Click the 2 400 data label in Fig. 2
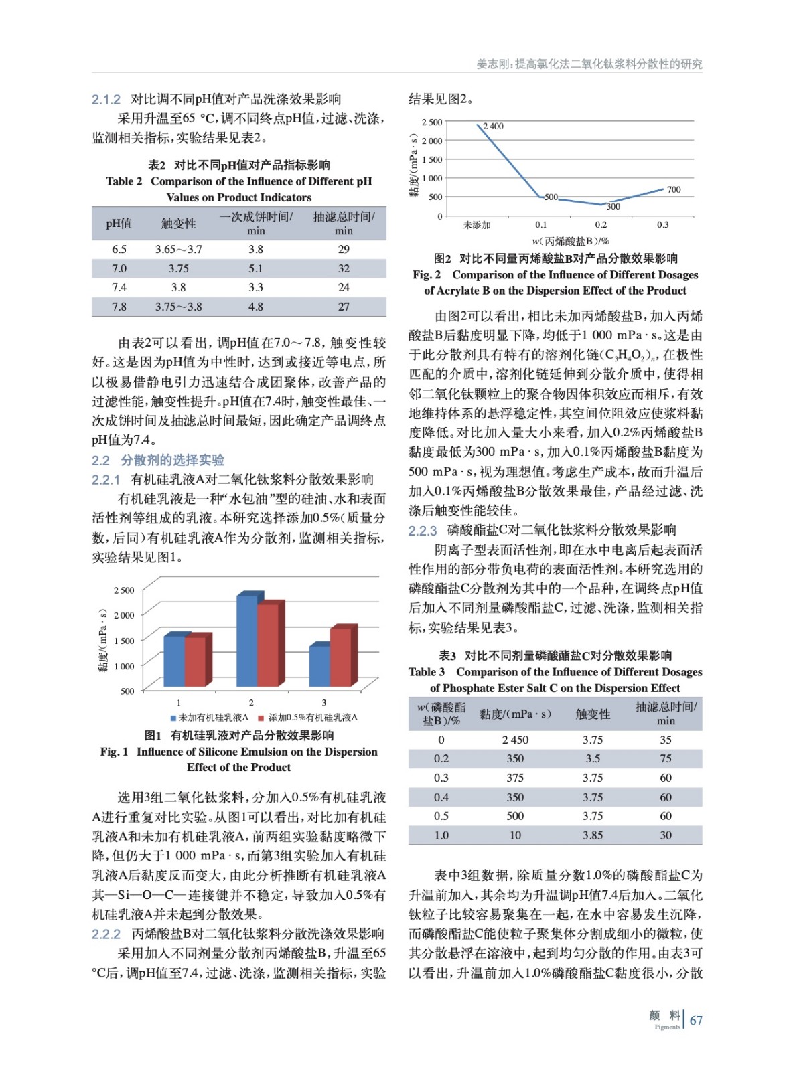coord(493,126)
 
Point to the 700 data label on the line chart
coord(673,190)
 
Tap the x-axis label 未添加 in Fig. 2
coord(477,225)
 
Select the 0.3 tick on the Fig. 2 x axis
coord(662,225)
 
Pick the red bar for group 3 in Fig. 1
coord(341,657)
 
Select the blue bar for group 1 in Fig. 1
coord(174,661)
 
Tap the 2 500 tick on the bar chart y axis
coord(124,590)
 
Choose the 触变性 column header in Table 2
coord(178,224)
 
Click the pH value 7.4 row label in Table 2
coord(119,287)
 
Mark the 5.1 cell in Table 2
coord(256,268)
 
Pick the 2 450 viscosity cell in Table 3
coord(515,740)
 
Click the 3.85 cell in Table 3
coord(592,835)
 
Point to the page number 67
coord(696,1020)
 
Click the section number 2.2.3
coord(423,531)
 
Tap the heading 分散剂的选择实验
coord(172,460)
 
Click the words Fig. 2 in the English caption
coord(427,274)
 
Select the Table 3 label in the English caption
coord(427,672)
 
